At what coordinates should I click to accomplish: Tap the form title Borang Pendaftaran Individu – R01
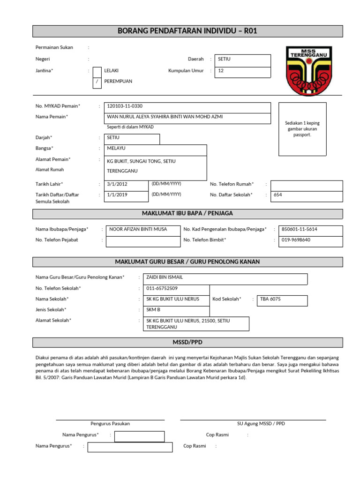(x=187, y=31)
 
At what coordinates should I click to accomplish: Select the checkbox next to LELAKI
(x=97, y=71)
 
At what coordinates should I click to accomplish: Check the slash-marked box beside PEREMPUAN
(x=97, y=82)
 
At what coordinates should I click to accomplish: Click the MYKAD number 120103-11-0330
(x=125, y=106)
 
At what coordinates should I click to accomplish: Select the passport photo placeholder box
(x=302, y=129)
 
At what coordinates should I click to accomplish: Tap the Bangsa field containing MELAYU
(x=155, y=149)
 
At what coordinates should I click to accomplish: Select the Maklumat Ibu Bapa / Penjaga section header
(x=187, y=214)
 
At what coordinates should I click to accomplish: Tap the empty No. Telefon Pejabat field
(x=143, y=241)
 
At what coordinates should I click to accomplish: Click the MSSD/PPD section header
(x=187, y=342)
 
